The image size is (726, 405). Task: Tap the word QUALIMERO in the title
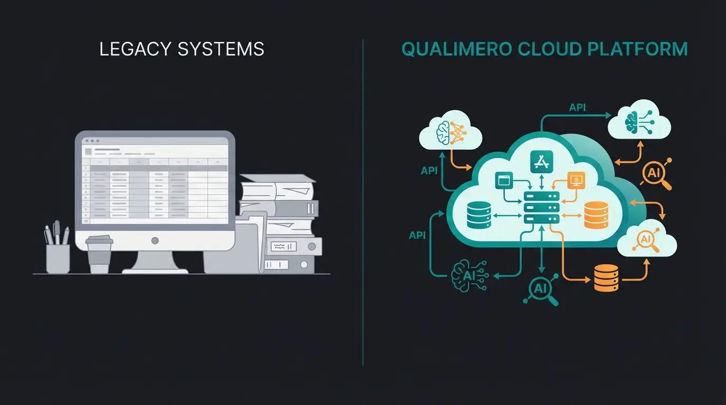click(455, 49)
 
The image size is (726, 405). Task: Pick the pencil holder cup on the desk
click(58, 258)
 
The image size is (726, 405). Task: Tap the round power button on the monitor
click(155, 240)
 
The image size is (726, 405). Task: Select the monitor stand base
click(155, 269)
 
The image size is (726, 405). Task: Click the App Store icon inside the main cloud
click(541, 161)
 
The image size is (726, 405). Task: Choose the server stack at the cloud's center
click(541, 207)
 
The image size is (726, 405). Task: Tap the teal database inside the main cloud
click(479, 214)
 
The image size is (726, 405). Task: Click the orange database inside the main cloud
click(596, 214)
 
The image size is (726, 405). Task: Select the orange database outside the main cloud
click(606, 277)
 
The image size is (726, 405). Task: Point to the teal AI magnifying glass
click(541, 288)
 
